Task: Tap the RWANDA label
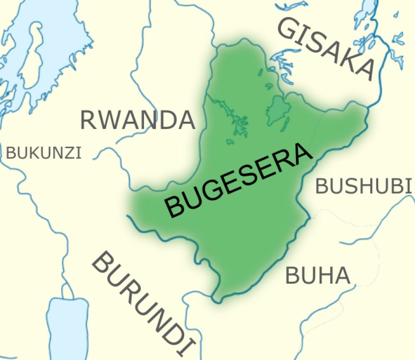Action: [x=137, y=120]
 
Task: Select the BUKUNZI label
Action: [x=44, y=153]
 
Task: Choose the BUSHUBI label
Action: [x=363, y=186]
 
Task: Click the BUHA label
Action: [x=318, y=276]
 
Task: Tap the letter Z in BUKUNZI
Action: [x=66, y=153]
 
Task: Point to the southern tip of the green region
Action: [x=217, y=301]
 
